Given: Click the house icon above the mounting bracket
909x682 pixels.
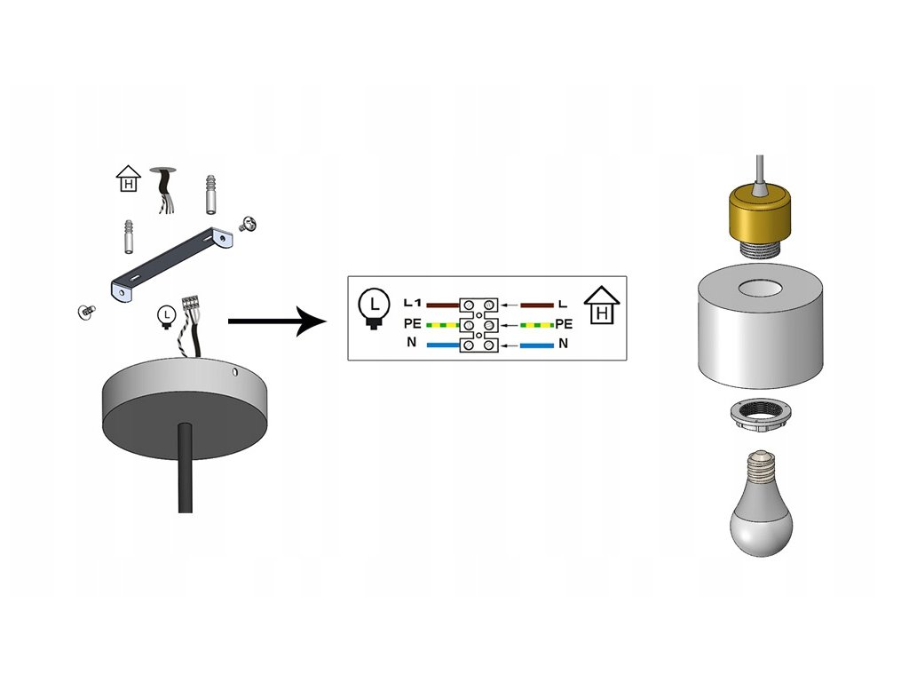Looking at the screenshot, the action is (x=130, y=180).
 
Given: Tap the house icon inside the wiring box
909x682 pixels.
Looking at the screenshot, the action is (x=602, y=305).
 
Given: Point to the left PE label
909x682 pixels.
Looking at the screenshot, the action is (x=411, y=324).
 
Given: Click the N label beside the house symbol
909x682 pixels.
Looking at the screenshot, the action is (x=563, y=343).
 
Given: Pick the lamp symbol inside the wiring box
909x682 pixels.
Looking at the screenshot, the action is (x=373, y=306).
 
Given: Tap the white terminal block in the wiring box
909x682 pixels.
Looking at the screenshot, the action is (x=478, y=324).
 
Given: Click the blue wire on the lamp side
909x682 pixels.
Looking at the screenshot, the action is (x=443, y=344).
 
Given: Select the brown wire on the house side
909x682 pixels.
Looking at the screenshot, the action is (x=537, y=305).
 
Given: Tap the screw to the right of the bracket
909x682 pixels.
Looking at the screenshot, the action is (x=248, y=225).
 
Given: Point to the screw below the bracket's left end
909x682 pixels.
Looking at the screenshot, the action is (x=86, y=311).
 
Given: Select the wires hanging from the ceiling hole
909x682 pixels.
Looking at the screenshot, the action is (x=163, y=192).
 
